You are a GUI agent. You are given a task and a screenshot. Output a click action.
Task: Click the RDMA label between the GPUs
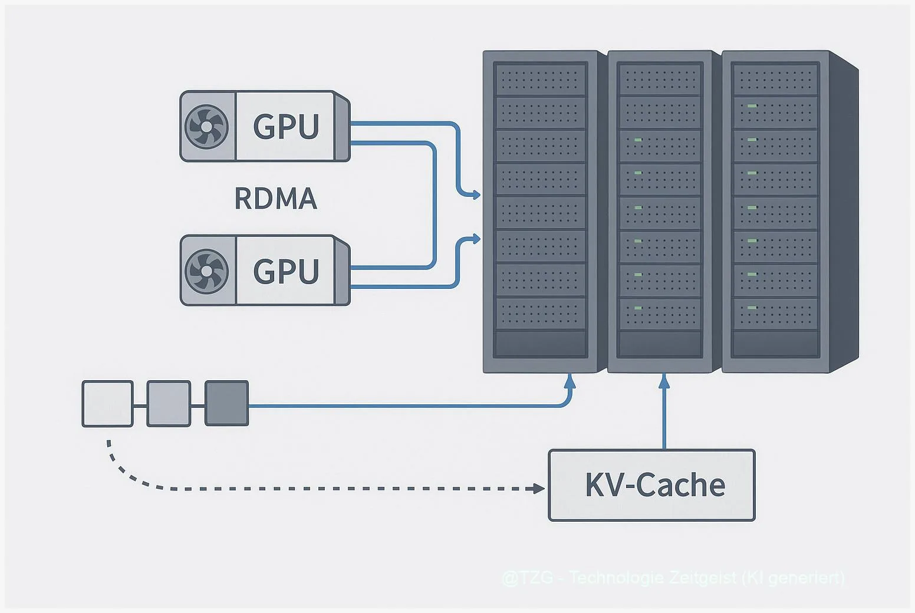[x=276, y=199]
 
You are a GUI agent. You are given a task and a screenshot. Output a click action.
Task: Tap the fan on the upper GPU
[x=206, y=126]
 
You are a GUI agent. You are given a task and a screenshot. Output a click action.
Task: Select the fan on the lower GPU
[x=206, y=271]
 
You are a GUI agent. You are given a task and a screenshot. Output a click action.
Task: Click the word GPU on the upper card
[x=286, y=126]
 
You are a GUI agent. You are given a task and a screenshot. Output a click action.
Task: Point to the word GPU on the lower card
[x=286, y=271]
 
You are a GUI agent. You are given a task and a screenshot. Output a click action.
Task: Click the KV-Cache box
[x=651, y=485]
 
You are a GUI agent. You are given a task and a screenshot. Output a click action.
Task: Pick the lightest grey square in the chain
[x=107, y=404]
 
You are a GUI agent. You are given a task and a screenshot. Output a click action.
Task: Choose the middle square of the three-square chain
[x=169, y=404]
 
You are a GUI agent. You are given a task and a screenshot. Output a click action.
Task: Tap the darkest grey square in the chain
[x=226, y=404]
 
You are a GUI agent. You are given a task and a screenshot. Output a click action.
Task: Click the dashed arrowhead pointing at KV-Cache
[x=538, y=489]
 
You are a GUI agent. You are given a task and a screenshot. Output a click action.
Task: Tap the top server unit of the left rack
[x=540, y=80]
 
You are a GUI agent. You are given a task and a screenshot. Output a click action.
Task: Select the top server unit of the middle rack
[x=660, y=78]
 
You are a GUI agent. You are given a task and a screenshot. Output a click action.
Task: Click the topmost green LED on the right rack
[x=752, y=106]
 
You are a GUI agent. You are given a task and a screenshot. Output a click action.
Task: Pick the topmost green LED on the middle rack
[x=638, y=140]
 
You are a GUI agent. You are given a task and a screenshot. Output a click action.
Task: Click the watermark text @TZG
[x=528, y=578]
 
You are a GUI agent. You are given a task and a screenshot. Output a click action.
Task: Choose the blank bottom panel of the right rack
[x=775, y=344]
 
